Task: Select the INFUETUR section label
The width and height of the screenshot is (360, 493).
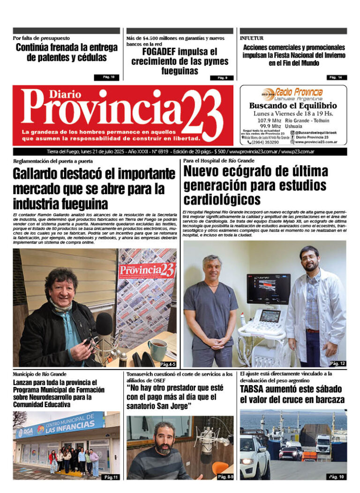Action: click(252, 38)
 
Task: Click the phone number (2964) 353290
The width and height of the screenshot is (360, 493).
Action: click(265, 142)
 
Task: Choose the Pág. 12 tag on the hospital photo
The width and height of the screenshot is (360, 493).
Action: click(337, 364)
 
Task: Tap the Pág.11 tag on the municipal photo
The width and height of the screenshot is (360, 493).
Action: click(111, 477)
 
